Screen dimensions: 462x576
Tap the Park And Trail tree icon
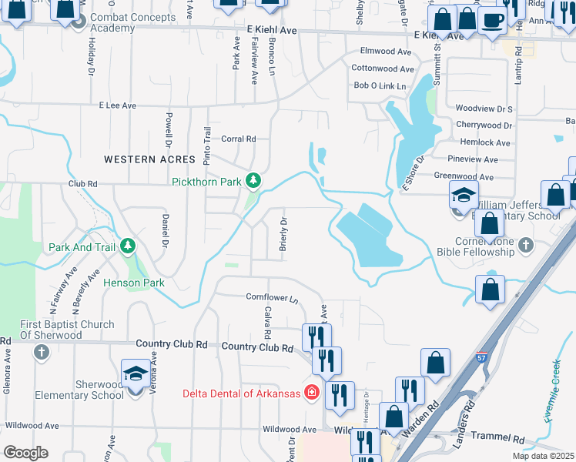click(127, 247)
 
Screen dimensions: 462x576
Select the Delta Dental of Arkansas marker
click(311, 393)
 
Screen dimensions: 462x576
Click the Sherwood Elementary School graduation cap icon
click(136, 375)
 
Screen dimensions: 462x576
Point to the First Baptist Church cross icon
click(42, 352)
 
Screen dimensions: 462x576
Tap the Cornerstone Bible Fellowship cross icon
click(526, 246)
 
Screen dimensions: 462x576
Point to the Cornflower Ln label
click(272, 296)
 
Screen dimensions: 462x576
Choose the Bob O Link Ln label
click(379, 85)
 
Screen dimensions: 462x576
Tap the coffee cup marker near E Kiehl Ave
click(492, 21)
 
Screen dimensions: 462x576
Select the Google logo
click(25, 453)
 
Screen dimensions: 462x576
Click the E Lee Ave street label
click(117, 105)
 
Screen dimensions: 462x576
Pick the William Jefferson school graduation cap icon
click(464, 196)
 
